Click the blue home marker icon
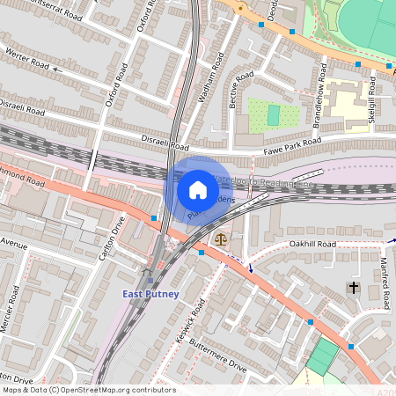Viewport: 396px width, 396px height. click(198, 189)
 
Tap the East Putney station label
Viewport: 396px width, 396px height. click(150, 294)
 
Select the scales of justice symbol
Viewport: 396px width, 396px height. click(219, 238)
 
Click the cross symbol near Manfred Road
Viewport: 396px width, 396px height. click(354, 288)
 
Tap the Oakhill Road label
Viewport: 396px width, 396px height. click(312, 244)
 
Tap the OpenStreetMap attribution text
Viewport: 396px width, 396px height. click(88, 390)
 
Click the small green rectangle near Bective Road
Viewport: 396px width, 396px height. click(273, 114)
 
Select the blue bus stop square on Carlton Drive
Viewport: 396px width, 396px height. click(154, 217)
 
